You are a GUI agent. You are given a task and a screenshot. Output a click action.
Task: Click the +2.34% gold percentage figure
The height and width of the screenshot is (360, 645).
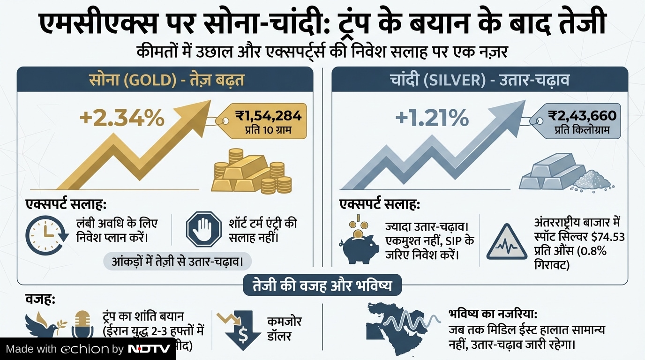pos(122,118)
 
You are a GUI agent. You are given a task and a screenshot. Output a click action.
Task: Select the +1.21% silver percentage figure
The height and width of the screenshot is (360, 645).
pos(432,118)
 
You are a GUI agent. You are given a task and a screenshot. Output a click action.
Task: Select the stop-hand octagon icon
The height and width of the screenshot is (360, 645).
pos(203,229)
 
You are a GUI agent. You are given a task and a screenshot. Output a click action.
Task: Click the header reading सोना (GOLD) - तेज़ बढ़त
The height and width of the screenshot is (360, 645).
pos(166,79)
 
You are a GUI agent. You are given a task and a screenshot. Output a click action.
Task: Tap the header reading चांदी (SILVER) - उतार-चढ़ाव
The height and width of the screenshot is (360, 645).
pos(480,79)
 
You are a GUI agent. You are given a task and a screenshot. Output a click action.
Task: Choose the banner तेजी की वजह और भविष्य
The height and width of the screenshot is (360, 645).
pos(322,285)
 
